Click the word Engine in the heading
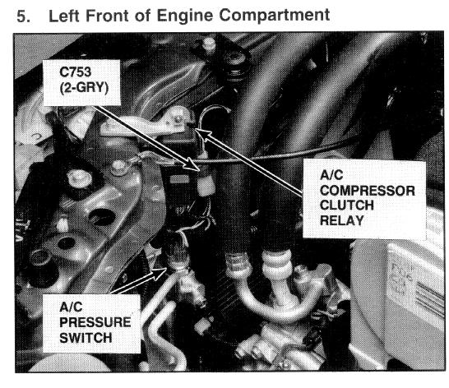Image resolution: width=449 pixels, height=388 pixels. point(185,16)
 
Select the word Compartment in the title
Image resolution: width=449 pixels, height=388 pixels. point(275,16)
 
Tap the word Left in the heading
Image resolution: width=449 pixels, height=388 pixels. point(64,16)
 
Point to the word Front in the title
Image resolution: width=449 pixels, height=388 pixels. point(107,16)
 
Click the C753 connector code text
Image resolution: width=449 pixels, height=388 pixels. point(76,72)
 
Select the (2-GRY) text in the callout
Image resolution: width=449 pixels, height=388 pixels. point(84,88)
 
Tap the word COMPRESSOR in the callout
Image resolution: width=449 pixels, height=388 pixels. point(368,191)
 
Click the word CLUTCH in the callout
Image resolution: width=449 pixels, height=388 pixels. point(347,206)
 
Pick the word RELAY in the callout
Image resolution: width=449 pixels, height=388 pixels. point(341,220)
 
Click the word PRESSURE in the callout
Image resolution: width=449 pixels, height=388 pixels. point(95,322)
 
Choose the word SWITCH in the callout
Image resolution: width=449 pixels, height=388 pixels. point(86,338)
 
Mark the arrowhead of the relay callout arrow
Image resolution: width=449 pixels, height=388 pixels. point(202,134)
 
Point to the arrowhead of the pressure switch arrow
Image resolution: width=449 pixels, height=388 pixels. point(160,274)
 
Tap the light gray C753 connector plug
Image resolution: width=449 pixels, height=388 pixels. point(206,186)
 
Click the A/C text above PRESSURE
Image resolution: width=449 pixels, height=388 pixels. point(71,307)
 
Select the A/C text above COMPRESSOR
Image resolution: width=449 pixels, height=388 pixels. point(331,175)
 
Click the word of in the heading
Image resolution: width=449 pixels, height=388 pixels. point(142,16)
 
